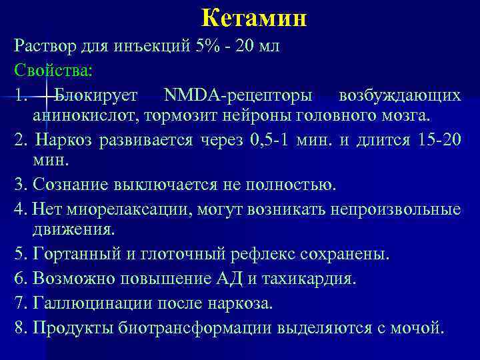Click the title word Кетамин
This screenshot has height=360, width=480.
(x=253, y=17)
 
